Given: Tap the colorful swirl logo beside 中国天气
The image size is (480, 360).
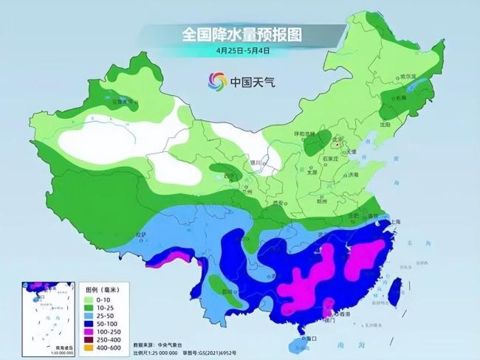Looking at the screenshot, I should coord(216,80).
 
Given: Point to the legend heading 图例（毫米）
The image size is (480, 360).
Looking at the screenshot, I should coord(103,290).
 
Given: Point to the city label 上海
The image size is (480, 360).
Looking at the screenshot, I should coord(395,221).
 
